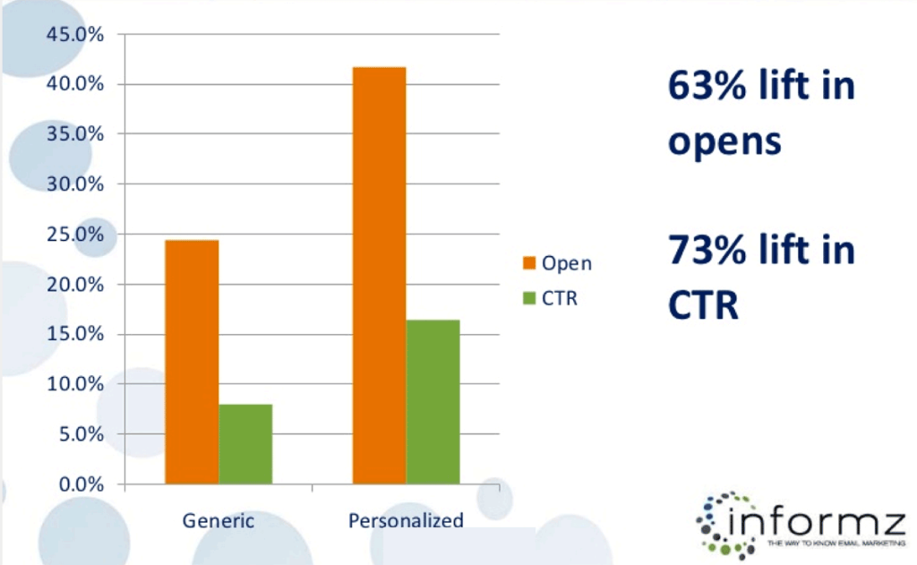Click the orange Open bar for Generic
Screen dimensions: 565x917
192,363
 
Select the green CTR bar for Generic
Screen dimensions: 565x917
245,444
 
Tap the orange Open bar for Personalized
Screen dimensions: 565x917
379,276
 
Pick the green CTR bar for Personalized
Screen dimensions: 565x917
433,402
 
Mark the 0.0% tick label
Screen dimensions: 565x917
77,484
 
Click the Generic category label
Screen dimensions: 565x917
219,520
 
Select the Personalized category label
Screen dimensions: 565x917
406,520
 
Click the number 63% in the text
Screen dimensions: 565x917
701,88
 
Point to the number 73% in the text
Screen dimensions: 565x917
701,251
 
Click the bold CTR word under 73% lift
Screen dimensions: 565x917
702,305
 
